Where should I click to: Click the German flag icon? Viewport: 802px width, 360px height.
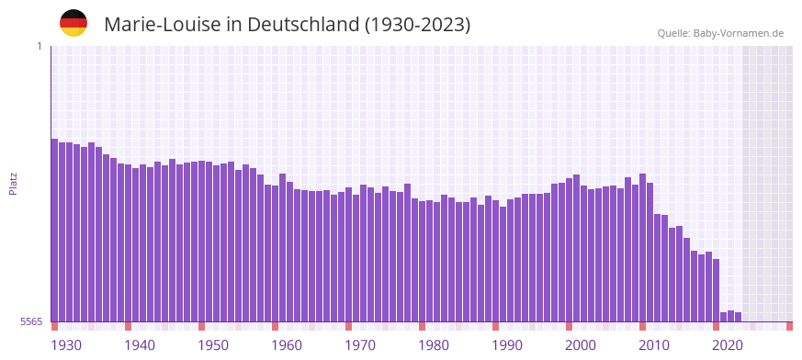73,24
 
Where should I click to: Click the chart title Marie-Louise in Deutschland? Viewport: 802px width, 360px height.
287,25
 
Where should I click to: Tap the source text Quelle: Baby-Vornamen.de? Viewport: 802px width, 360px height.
720,33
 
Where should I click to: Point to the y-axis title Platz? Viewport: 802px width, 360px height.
13,184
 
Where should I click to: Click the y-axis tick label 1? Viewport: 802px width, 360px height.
39,46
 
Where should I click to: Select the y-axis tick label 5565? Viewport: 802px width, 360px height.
30,321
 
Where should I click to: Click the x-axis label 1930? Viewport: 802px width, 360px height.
66,345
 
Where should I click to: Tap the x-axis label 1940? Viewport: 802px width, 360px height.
140,345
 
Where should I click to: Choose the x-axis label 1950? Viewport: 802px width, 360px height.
213,345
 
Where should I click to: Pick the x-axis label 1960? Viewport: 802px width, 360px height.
287,345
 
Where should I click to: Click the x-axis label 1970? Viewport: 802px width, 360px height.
360,345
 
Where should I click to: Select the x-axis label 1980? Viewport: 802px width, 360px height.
434,345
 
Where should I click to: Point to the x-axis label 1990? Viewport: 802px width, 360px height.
507,345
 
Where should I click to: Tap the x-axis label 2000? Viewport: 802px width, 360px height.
581,345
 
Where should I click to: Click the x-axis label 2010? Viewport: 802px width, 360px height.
654,345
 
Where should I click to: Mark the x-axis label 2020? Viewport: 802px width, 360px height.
728,345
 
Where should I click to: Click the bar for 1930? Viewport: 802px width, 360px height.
55,230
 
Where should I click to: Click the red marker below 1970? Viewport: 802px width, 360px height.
349,326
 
